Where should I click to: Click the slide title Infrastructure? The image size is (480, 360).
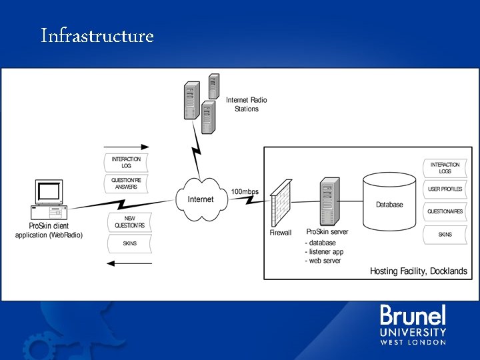coord(97,35)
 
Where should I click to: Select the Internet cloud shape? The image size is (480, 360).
coord(201,198)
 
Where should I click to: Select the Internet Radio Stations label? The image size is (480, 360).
coord(246,105)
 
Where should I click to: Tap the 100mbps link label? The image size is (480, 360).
coord(245,192)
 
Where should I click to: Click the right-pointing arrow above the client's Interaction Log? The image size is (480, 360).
coord(127,147)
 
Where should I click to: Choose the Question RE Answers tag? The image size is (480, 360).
coord(127,183)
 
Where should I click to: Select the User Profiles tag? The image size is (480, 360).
coord(445,189)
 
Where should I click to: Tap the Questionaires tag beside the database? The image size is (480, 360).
coord(445,212)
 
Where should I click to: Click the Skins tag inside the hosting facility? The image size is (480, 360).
coord(445,235)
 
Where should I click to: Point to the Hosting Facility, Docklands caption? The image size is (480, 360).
coord(419,271)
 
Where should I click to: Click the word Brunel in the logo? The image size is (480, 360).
coord(413,315)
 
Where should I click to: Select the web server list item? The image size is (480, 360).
coord(325,261)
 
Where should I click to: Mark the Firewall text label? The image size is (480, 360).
coord(281,233)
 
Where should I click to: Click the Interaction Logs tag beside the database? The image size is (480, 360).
coord(445,167)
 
